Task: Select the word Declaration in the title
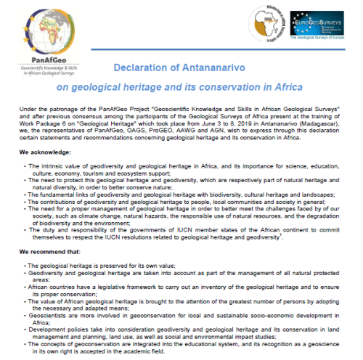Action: point(147,67)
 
